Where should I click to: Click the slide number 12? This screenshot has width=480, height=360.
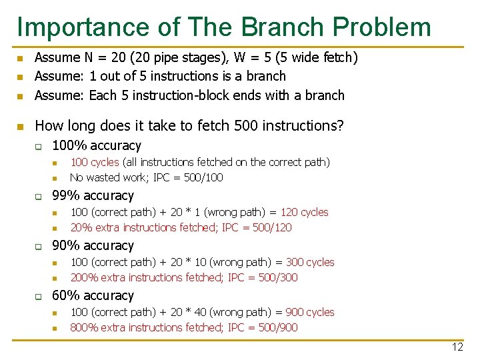pyautogui.click(x=457, y=347)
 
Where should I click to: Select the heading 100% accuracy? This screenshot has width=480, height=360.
pyautogui.click(x=97, y=145)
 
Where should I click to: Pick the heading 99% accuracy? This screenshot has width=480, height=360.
pyautogui.click(x=93, y=195)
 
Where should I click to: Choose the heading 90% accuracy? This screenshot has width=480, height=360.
pyautogui.click(x=93, y=245)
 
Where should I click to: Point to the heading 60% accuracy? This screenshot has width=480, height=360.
pyautogui.click(x=93, y=295)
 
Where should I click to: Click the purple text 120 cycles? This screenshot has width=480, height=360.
pyautogui.click(x=304, y=212)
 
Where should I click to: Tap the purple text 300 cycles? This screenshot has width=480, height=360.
pyautogui.click(x=310, y=262)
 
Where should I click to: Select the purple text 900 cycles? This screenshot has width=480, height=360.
pyautogui.click(x=310, y=312)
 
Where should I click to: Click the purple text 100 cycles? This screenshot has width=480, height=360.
pyautogui.click(x=95, y=162)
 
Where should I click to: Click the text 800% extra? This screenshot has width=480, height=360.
pyautogui.click(x=97, y=327)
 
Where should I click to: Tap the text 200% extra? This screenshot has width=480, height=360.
pyautogui.click(x=97, y=277)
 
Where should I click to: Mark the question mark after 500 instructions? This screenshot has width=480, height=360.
pyautogui.click(x=341, y=125)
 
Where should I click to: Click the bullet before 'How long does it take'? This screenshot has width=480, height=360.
pyautogui.click(x=21, y=126)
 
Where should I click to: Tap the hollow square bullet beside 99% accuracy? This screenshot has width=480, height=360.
pyautogui.click(x=39, y=196)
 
